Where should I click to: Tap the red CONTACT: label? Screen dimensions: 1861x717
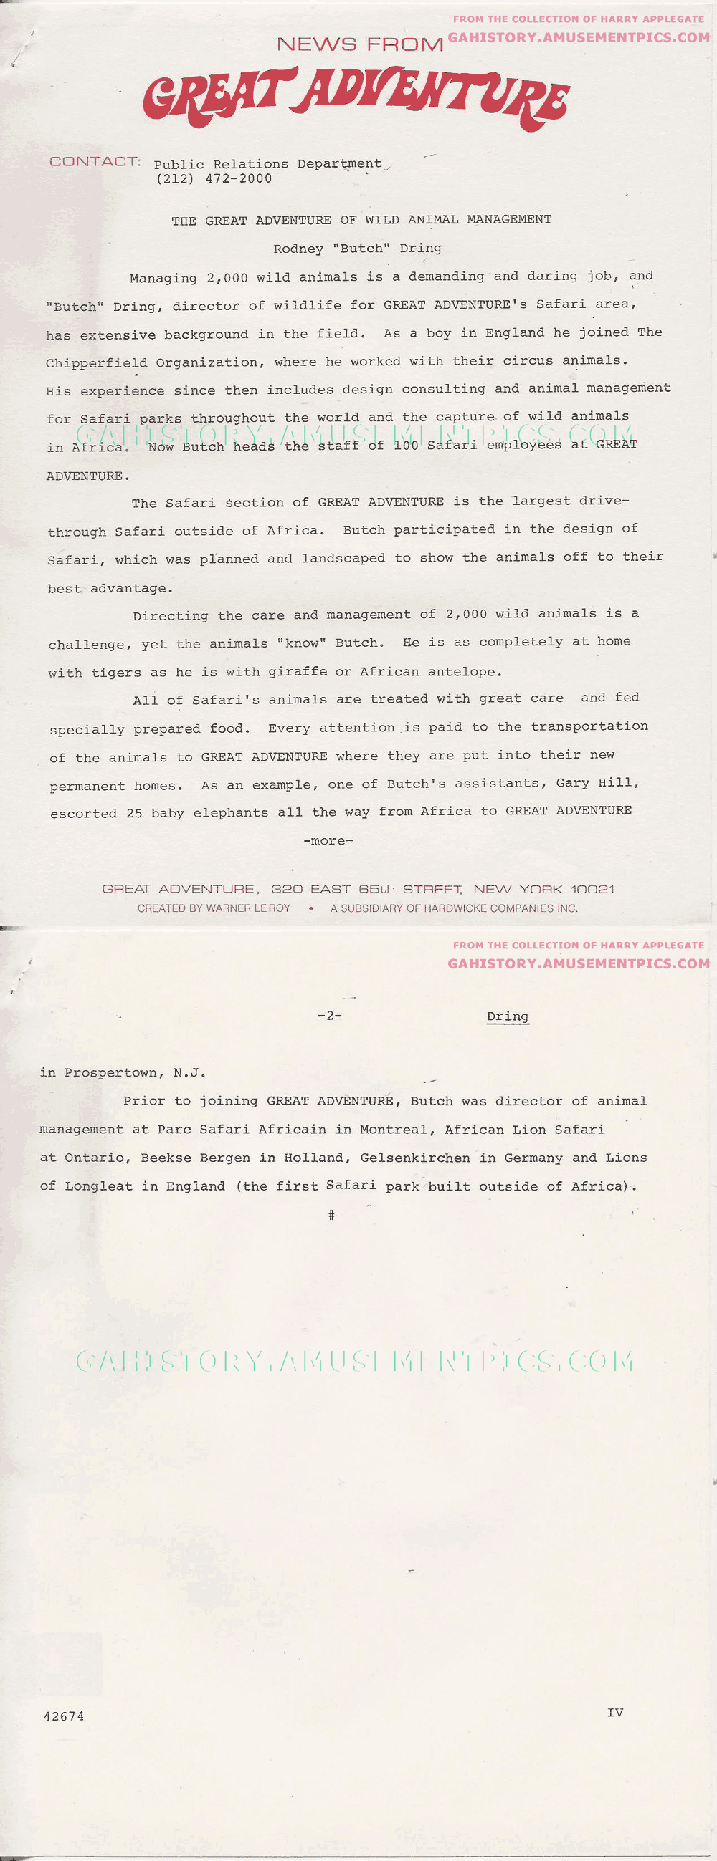(x=95, y=162)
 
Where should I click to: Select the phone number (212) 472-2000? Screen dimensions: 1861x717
(x=214, y=179)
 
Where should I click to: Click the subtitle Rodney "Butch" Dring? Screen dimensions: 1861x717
(x=357, y=249)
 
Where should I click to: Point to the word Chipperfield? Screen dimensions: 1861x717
(x=96, y=362)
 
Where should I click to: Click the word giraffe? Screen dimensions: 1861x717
(x=297, y=672)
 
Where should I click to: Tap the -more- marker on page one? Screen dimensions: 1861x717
(x=328, y=841)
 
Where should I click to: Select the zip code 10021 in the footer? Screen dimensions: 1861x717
(x=592, y=890)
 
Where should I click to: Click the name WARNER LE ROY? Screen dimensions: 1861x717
(x=248, y=908)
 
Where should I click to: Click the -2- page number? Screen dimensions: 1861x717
(x=330, y=1016)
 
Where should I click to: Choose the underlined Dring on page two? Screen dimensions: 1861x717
(x=508, y=1016)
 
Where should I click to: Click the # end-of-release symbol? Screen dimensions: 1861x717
(x=331, y=1215)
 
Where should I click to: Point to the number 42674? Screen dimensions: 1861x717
(x=64, y=1716)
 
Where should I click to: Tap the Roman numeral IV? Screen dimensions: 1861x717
(x=615, y=1713)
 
